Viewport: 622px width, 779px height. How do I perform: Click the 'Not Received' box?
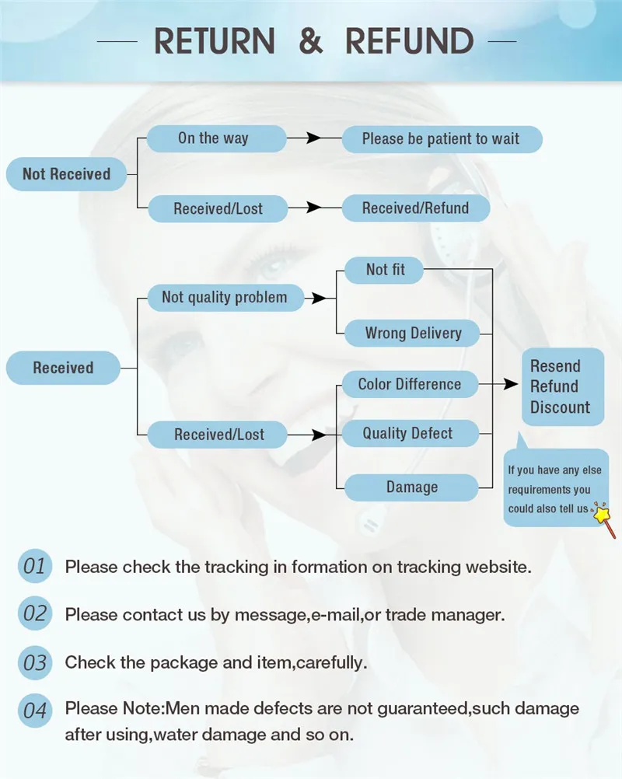(x=66, y=174)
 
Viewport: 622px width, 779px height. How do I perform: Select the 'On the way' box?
(x=213, y=139)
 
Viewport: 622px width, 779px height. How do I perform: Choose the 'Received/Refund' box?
(x=416, y=208)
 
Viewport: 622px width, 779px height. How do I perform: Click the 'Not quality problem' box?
(x=224, y=297)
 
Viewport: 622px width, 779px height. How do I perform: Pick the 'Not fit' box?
(x=385, y=271)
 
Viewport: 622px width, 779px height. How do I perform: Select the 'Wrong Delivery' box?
(x=413, y=334)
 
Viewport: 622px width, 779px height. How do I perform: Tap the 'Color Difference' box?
(x=409, y=384)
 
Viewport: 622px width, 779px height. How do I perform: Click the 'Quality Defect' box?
(x=407, y=434)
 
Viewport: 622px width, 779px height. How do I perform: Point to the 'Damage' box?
(x=411, y=487)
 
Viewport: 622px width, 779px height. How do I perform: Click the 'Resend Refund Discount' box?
(x=561, y=386)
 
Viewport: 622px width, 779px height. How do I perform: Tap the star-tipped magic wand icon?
(x=604, y=518)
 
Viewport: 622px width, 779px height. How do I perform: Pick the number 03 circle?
(x=35, y=663)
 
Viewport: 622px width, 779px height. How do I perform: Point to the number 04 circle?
(x=35, y=710)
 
